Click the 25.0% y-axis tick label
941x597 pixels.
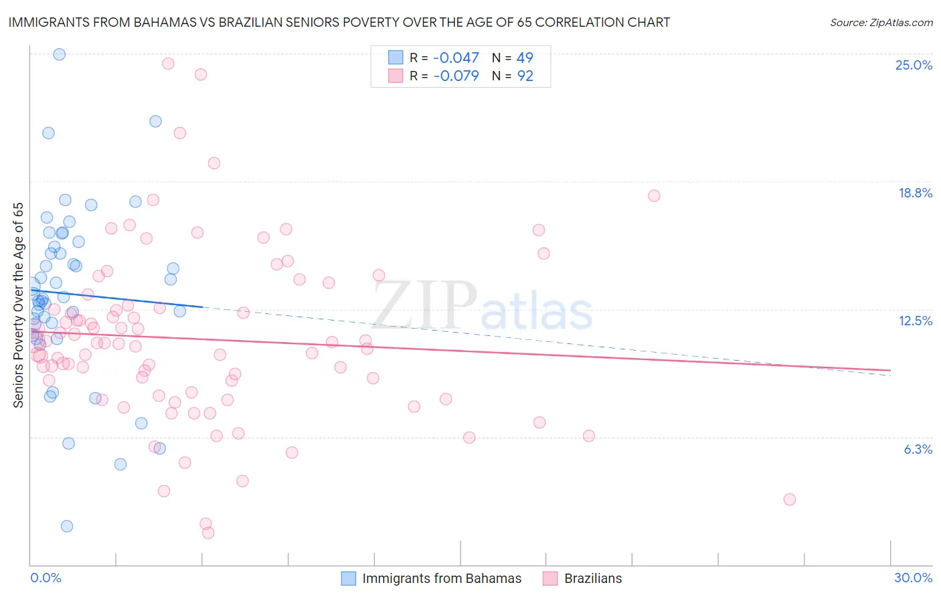point(914,65)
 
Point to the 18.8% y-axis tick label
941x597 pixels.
point(915,193)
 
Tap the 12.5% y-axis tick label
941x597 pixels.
point(915,321)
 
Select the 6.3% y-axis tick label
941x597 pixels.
point(918,449)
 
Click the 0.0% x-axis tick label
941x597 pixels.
point(46,578)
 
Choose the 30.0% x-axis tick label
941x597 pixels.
point(913,578)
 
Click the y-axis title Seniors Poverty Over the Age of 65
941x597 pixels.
point(18,305)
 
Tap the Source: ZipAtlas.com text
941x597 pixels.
point(881,23)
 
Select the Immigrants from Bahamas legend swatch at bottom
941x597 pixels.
point(349,578)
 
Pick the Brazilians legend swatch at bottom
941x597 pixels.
point(550,578)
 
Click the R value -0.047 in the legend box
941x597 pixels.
point(456,58)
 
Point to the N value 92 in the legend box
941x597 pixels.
point(525,76)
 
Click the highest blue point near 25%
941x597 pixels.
point(59,54)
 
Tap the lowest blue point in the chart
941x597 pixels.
point(67,526)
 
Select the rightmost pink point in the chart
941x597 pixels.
point(790,499)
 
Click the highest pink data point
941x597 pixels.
point(168,64)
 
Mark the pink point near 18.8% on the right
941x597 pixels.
point(654,195)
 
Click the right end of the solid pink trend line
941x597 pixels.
point(890,370)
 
